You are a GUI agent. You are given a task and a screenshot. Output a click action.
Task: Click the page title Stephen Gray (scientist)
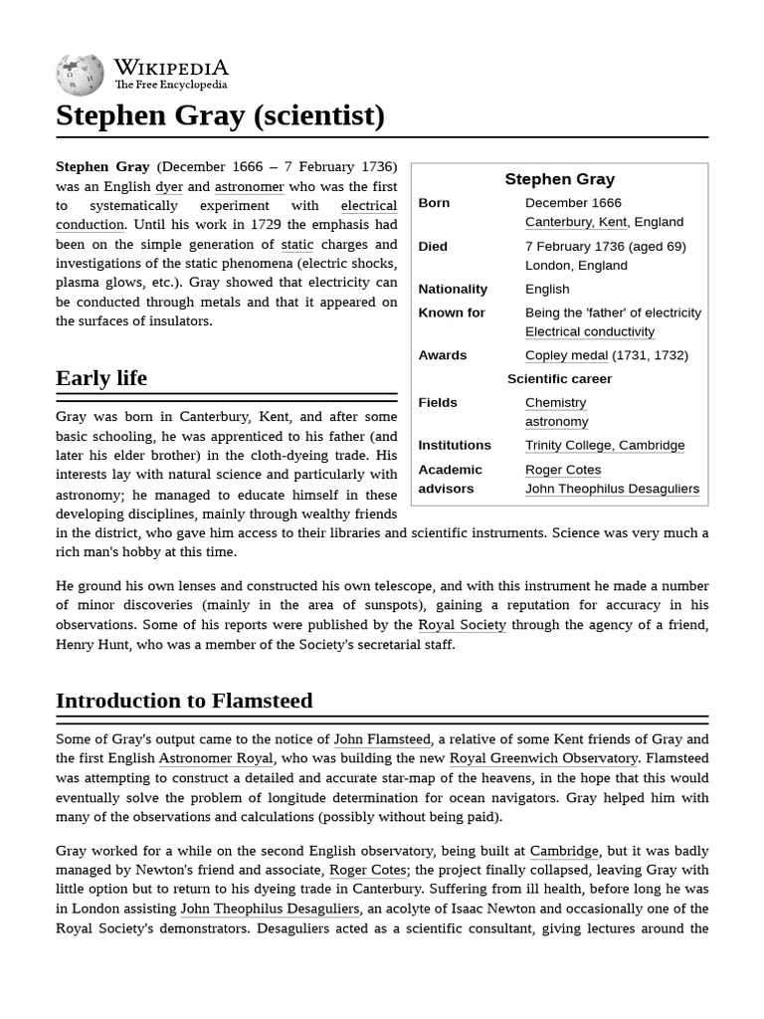(x=220, y=116)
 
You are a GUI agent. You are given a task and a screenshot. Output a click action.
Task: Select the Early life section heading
(x=101, y=378)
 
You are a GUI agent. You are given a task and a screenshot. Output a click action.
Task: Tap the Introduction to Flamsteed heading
(x=184, y=701)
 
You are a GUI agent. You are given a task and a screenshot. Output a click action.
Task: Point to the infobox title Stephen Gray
(x=559, y=179)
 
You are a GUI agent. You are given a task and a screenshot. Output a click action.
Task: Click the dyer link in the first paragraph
(x=167, y=187)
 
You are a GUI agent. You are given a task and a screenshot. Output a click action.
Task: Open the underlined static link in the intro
(x=297, y=245)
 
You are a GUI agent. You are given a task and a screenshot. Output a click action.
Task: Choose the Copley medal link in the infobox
(x=566, y=355)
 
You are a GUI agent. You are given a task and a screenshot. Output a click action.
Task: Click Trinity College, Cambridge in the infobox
(x=605, y=446)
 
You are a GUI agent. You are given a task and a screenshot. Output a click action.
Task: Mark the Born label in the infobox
(x=434, y=203)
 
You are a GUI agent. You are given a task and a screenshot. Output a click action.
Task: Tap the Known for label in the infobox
(x=452, y=312)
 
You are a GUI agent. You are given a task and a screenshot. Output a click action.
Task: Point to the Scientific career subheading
(x=559, y=379)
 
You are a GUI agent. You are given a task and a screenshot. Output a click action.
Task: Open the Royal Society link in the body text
(x=462, y=625)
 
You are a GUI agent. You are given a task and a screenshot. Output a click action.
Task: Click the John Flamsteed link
(x=382, y=739)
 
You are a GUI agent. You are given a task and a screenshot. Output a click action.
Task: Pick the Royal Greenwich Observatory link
(x=543, y=758)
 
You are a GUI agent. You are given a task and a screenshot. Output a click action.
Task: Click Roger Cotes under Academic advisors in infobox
(x=563, y=470)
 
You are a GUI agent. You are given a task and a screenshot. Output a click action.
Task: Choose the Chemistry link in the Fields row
(x=555, y=403)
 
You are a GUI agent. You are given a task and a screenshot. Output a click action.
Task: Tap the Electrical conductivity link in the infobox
(x=590, y=332)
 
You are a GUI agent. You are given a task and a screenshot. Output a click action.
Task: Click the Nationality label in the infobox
(x=453, y=290)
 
